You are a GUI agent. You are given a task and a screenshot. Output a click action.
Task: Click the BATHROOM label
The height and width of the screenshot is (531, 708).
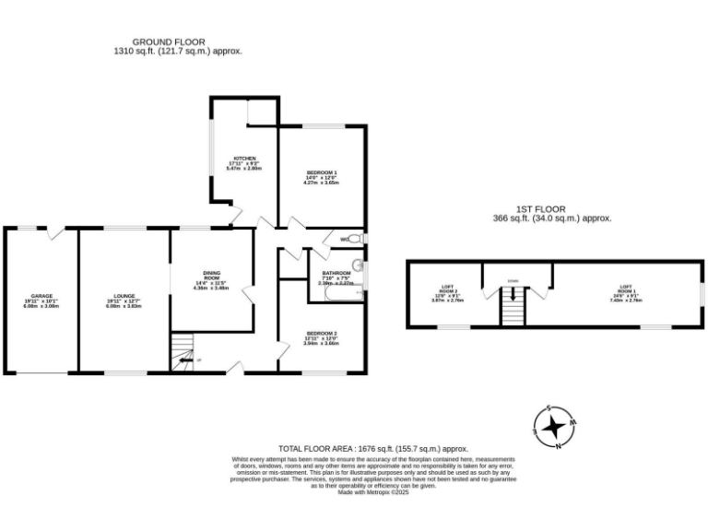point(336,275)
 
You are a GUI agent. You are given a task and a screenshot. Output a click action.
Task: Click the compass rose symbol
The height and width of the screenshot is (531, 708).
point(555,427)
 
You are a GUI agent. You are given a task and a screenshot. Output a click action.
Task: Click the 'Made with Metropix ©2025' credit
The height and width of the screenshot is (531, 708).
point(373,492)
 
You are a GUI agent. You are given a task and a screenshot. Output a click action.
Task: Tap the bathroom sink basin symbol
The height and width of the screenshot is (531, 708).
point(360,267)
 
